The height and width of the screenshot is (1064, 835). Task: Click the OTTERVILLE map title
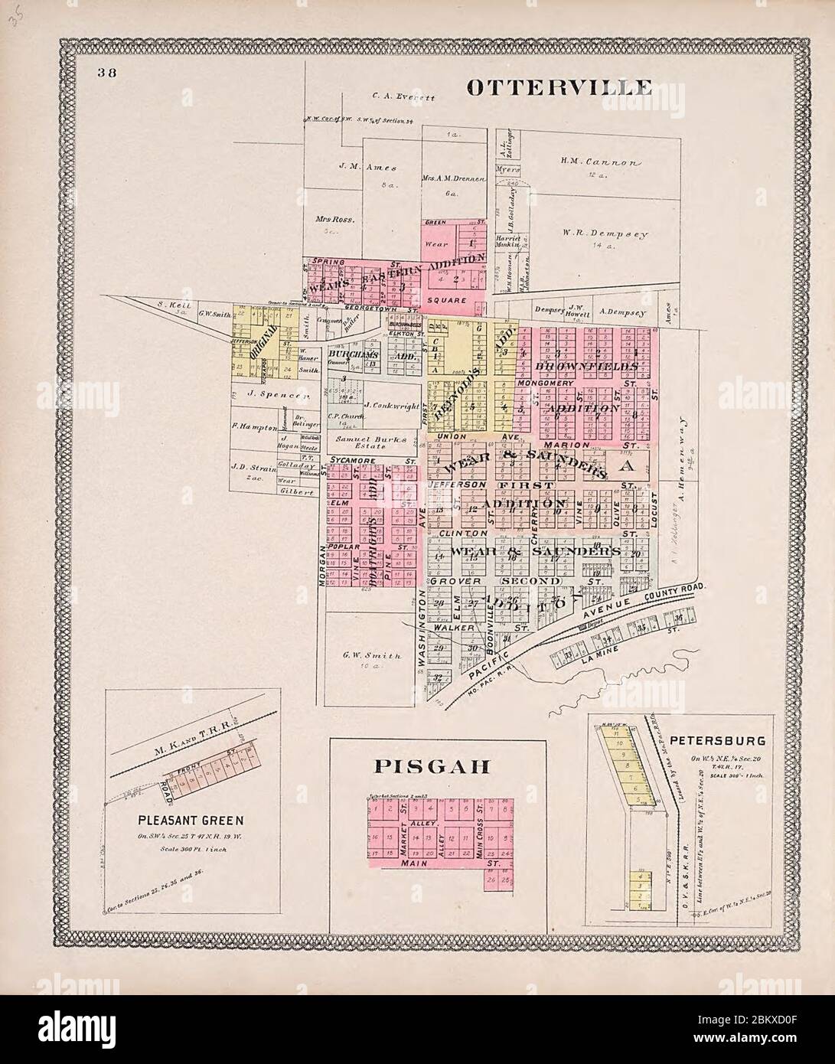(559, 86)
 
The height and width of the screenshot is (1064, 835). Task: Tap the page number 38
(106, 73)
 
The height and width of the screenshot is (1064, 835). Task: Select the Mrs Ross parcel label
(332, 218)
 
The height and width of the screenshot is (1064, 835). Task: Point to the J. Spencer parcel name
(276, 395)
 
